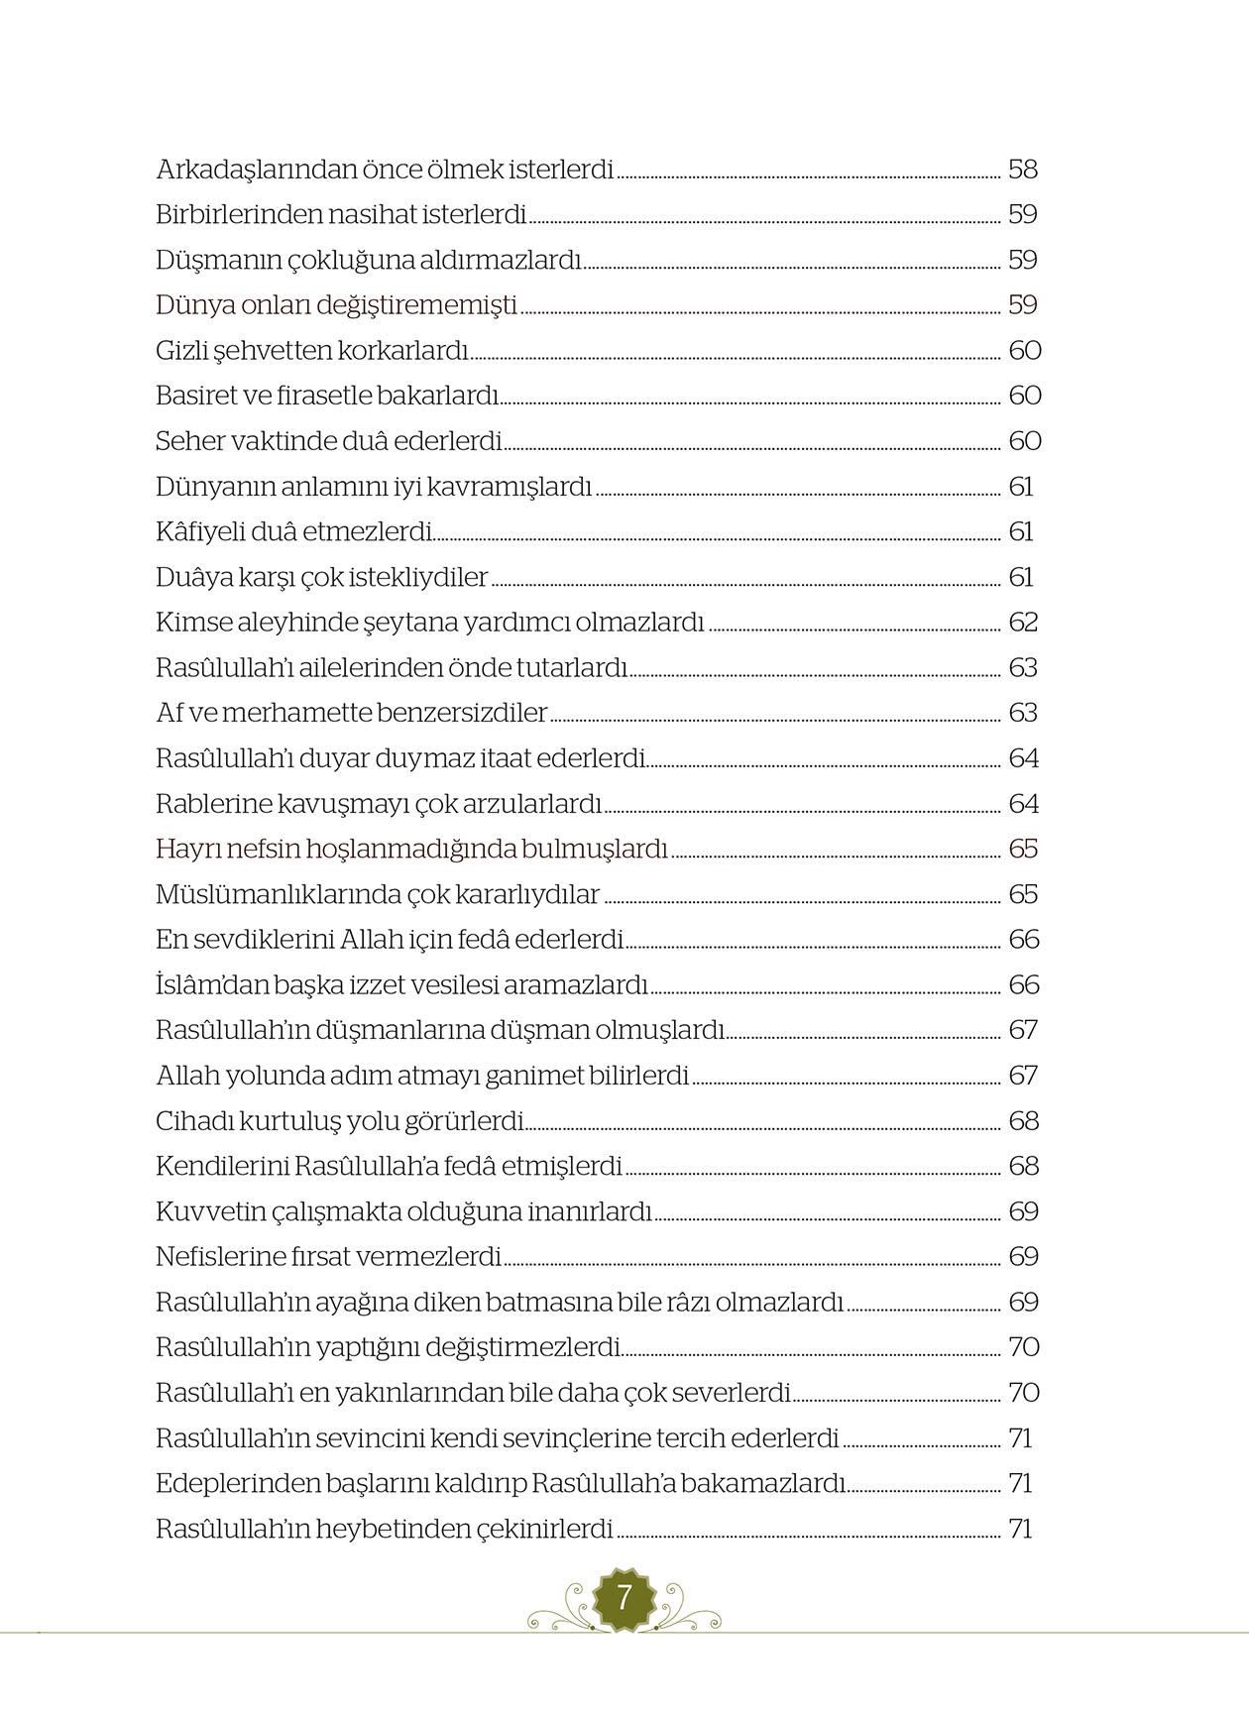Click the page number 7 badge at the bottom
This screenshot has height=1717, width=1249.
624,1597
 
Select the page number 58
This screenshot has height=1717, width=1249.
1022,170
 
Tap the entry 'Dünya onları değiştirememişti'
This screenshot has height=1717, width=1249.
336,305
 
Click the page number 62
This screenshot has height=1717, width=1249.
1022,623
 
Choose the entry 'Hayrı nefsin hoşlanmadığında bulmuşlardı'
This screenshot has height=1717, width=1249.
411,850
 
